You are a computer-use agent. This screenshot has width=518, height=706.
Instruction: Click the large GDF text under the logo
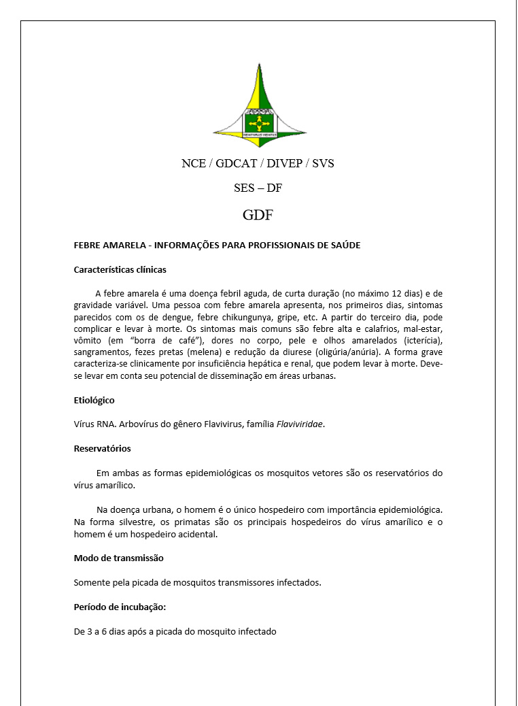click(x=258, y=216)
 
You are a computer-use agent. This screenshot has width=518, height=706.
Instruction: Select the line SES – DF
click(x=258, y=188)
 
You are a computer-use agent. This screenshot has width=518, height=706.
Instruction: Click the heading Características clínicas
click(x=120, y=269)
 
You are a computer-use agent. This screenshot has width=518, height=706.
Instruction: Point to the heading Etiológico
click(x=94, y=400)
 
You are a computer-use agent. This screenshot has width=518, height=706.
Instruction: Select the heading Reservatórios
click(x=102, y=448)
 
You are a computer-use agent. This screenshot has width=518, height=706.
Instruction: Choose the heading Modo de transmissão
click(x=118, y=558)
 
